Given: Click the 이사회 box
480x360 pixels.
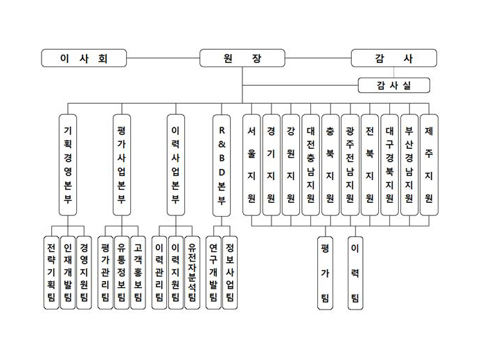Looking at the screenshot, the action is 84,58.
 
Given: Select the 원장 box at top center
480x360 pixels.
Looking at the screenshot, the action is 242,58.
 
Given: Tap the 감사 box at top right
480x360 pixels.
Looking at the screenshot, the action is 394,58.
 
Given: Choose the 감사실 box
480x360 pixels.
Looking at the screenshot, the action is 394,85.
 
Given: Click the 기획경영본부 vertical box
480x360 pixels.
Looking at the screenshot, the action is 68,165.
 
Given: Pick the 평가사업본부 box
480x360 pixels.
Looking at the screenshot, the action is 122,165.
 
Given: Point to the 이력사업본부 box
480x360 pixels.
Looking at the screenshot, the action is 176,165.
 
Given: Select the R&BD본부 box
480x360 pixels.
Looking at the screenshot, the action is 222,165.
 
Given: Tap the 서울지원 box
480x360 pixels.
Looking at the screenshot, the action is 251,165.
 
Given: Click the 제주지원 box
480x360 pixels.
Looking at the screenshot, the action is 429,165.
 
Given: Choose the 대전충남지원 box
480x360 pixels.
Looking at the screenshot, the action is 311,165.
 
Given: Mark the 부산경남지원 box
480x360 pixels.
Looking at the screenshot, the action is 409,165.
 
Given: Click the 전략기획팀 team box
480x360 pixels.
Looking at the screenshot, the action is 51,273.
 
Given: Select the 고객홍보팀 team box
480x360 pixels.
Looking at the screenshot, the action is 138,273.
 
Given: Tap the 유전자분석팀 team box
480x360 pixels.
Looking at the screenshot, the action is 193,273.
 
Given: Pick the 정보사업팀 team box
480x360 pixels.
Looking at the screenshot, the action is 230,273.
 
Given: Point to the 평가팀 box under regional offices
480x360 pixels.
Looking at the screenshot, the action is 325,273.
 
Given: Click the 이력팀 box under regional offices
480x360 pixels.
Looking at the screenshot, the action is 355,273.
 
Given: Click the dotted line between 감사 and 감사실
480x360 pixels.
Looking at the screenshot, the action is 394,72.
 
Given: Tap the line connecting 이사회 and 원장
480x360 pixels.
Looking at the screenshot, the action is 163,58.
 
